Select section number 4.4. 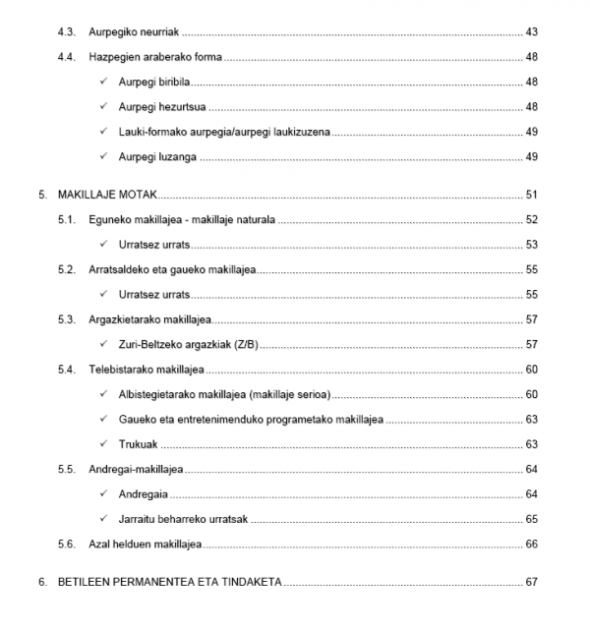(67, 57)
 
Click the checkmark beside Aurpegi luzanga (104, 156)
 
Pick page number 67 (532, 582)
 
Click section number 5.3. (67, 319)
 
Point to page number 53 (532, 244)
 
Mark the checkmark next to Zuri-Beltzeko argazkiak (104, 344)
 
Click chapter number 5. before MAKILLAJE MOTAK (43, 195)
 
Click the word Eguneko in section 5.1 (107, 219)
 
